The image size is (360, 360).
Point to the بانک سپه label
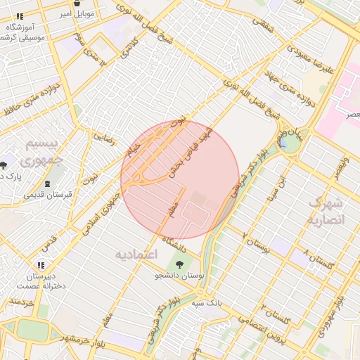click(x=207, y=303)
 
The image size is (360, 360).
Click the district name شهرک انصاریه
click(x=326, y=211)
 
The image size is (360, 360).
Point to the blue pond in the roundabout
click(x=286, y=143)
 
